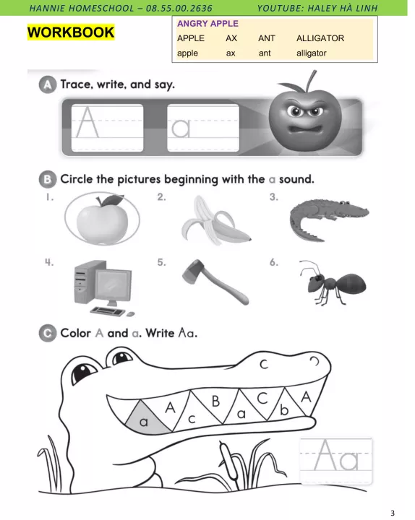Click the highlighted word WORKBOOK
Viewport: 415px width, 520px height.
pos(71,32)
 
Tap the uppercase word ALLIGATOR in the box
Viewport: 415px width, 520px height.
pos(320,38)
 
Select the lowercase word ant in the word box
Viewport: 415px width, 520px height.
pos(265,53)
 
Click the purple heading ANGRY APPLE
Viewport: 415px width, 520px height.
pos(208,24)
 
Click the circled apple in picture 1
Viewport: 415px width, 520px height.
pos(102,220)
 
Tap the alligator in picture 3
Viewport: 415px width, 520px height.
pos(329,219)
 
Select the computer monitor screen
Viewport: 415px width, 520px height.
pos(114,285)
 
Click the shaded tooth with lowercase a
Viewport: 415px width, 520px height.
pos(147,418)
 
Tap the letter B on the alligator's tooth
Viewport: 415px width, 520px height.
pos(215,402)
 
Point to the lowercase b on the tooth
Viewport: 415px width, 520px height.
pos(284,410)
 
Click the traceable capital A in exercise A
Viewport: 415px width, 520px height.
pos(87,122)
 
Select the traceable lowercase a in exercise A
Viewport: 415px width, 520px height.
pos(181,128)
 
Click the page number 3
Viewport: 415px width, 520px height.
pos(393,513)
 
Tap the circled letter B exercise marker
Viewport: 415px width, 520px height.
pos(48,179)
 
